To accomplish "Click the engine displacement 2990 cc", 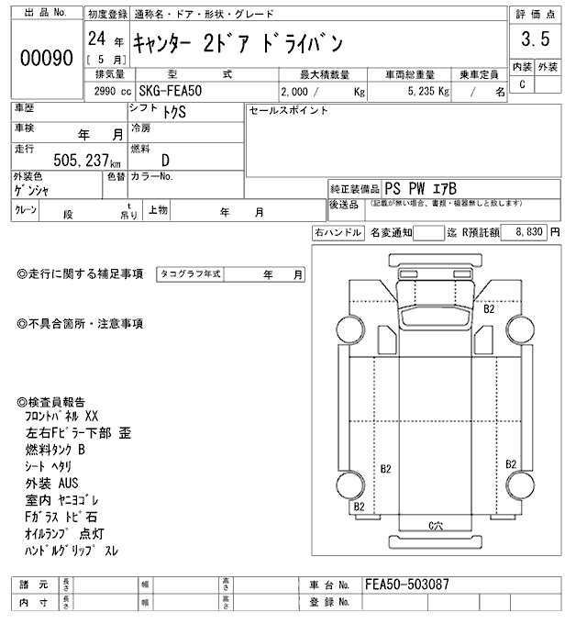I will click(x=112, y=92).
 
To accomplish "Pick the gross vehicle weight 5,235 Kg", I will click(x=422, y=92).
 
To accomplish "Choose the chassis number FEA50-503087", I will click(x=408, y=584).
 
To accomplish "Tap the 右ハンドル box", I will click(x=338, y=233).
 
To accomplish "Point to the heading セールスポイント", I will click(x=288, y=110).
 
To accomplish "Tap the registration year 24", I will click(x=94, y=39).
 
